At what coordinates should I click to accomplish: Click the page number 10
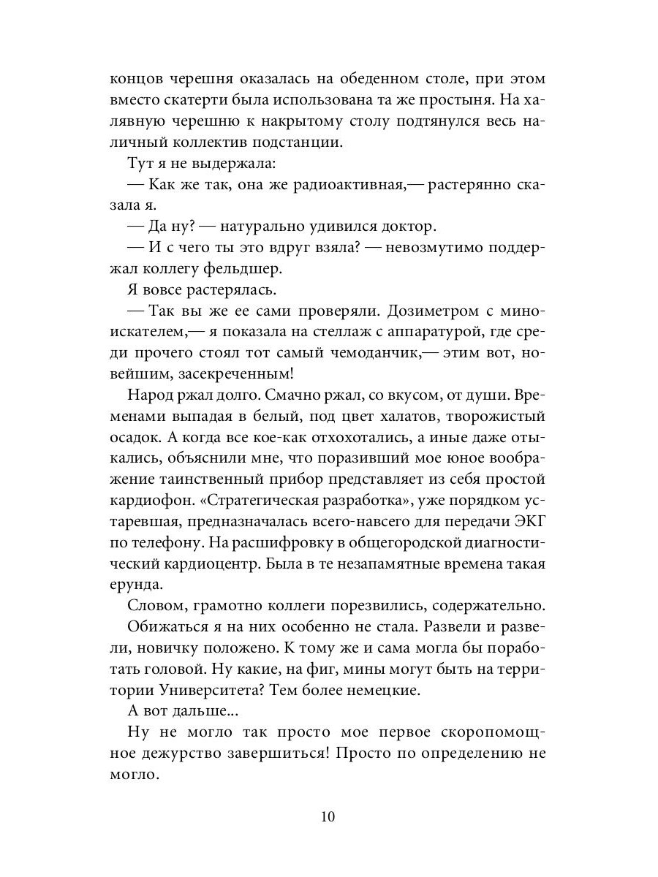pyautogui.click(x=328, y=816)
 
